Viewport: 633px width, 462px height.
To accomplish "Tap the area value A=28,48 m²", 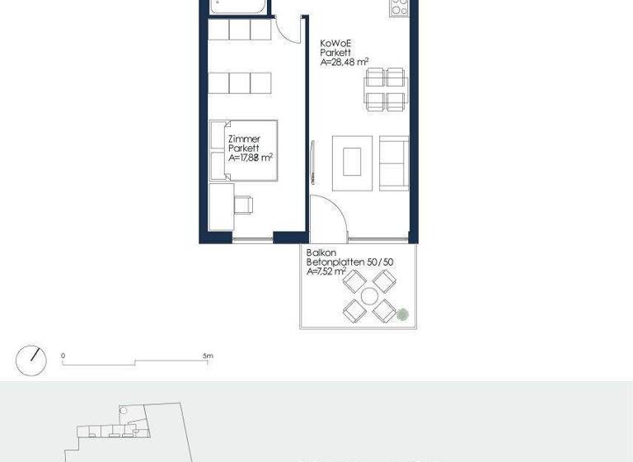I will pyautogui.click(x=345, y=61).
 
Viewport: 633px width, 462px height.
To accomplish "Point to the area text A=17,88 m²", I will pyautogui.click(x=251, y=158).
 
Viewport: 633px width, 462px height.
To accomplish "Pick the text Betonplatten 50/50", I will pyautogui.click(x=349, y=262).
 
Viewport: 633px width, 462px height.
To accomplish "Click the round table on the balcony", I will pyautogui.click(x=369, y=295).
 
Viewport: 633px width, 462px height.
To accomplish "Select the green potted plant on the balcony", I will pyautogui.click(x=402, y=313).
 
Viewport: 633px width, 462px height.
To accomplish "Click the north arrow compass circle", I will pyautogui.click(x=30, y=361).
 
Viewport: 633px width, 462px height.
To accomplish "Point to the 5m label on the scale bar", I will pyautogui.click(x=208, y=356).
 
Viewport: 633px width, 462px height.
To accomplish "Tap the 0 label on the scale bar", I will pyautogui.click(x=63, y=356).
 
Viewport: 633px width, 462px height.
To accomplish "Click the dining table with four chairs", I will pyautogui.click(x=386, y=90).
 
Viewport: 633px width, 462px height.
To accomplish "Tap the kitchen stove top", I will pyautogui.click(x=399, y=8).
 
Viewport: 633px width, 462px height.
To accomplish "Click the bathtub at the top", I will pyautogui.click(x=239, y=7).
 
